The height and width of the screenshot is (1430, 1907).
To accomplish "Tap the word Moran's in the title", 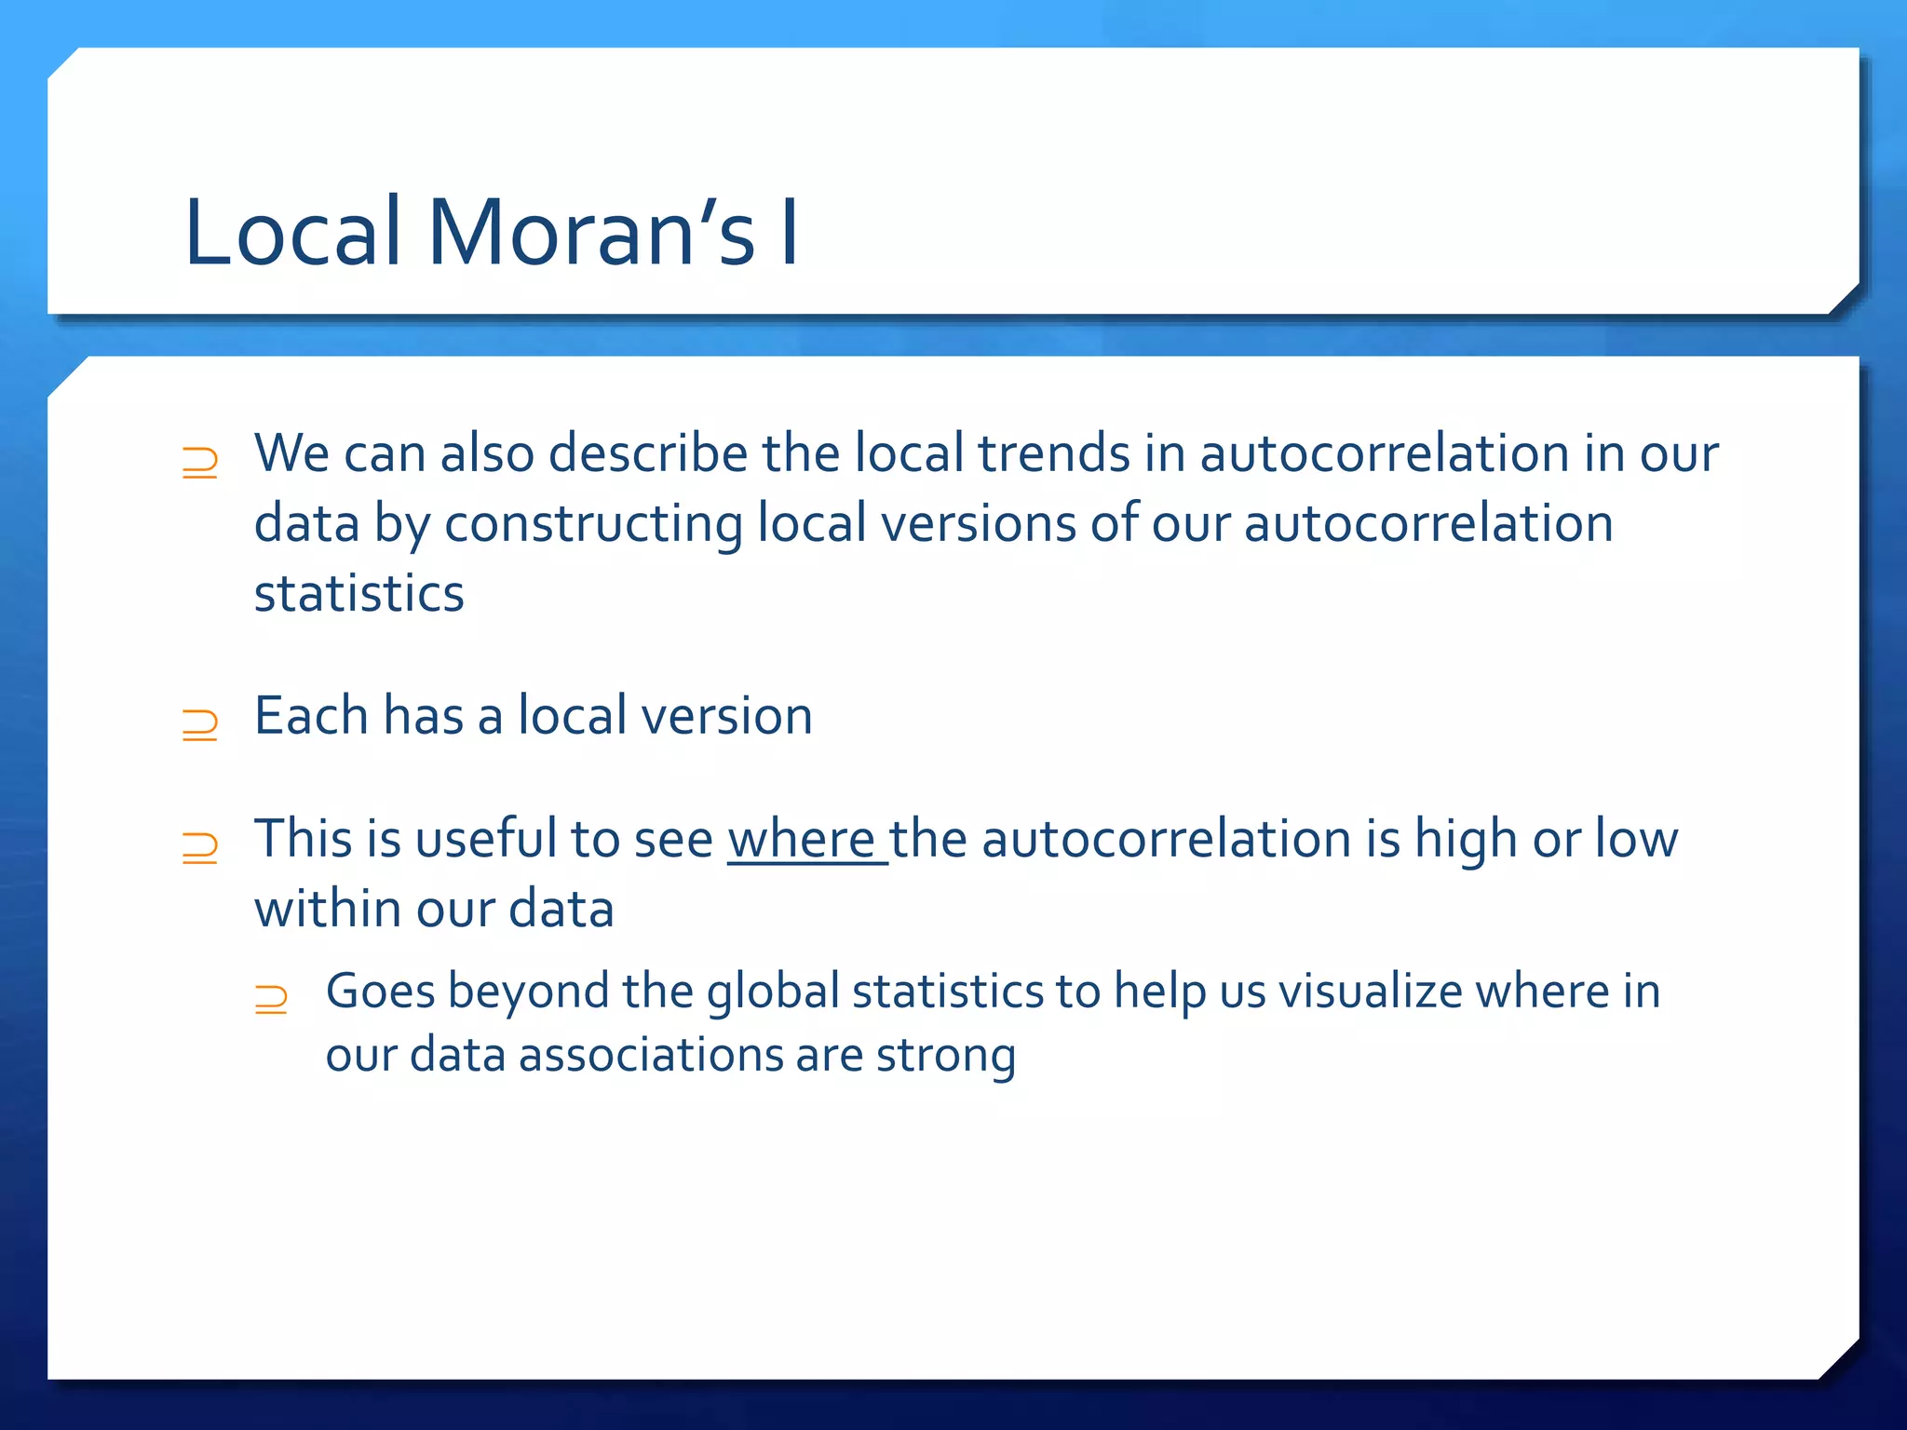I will pyautogui.click(x=590, y=233).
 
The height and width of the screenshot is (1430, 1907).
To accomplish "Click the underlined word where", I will pyautogui.click(x=801, y=839).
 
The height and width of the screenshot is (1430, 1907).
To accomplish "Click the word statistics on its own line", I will pyautogui.click(x=358, y=594).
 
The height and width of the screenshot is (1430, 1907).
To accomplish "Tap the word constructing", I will pyautogui.click(x=592, y=525).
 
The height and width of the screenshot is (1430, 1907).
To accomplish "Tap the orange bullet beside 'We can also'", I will pyautogui.click(x=199, y=463).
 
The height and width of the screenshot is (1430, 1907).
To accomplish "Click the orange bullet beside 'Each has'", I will pyautogui.click(x=199, y=724).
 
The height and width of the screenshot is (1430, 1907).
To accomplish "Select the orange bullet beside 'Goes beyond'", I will pyautogui.click(x=270, y=999).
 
